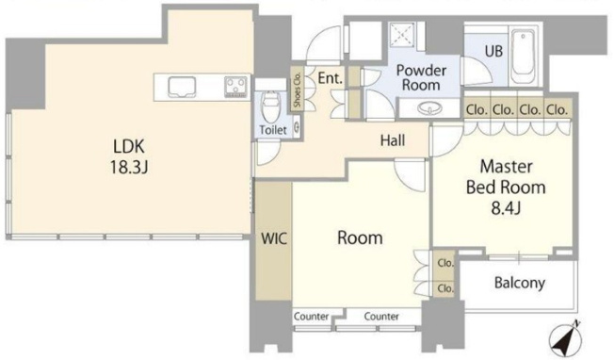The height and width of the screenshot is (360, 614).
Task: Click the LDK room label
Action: (x=129, y=146)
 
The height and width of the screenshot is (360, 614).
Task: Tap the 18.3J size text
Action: (x=129, y=168)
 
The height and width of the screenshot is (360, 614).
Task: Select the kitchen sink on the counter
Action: (x=182, y=87)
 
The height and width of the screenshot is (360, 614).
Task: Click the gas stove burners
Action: (x=235, y=87)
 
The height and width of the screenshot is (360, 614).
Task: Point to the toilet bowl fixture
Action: (x=269, y=106)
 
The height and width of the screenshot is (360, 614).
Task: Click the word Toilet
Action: (x=273, y=130)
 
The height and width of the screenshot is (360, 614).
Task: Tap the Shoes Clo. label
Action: (x=298, y=90)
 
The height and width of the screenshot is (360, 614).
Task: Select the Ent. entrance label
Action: (x=331, y=78)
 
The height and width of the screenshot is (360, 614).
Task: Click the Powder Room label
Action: (x=421, y=77)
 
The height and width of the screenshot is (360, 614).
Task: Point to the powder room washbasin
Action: (x=428, y=108)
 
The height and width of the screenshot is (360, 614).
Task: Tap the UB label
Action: (x=493, y=51)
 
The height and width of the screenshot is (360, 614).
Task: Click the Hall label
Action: (x=393, y=140)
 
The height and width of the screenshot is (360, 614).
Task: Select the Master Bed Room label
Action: (x=506, y=177)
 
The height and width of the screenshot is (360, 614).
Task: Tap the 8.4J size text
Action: (x=506, y=208)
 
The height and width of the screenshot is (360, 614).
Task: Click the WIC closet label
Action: (x=274, y=238)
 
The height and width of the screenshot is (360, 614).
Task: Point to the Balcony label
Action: (x=520, y=283)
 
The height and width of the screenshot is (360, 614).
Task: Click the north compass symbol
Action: (x=565, y=338)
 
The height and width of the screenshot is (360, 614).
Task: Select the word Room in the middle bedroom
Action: (x=360, y=237)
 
